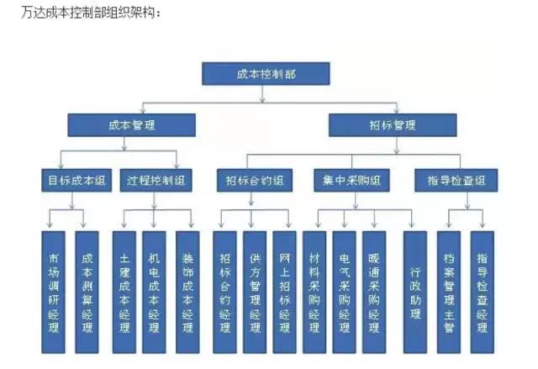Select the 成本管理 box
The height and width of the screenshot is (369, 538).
tap(132, 125)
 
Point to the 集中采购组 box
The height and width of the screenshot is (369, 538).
tap(351, 180)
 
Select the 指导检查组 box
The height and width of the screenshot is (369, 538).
tap(456, 180)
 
